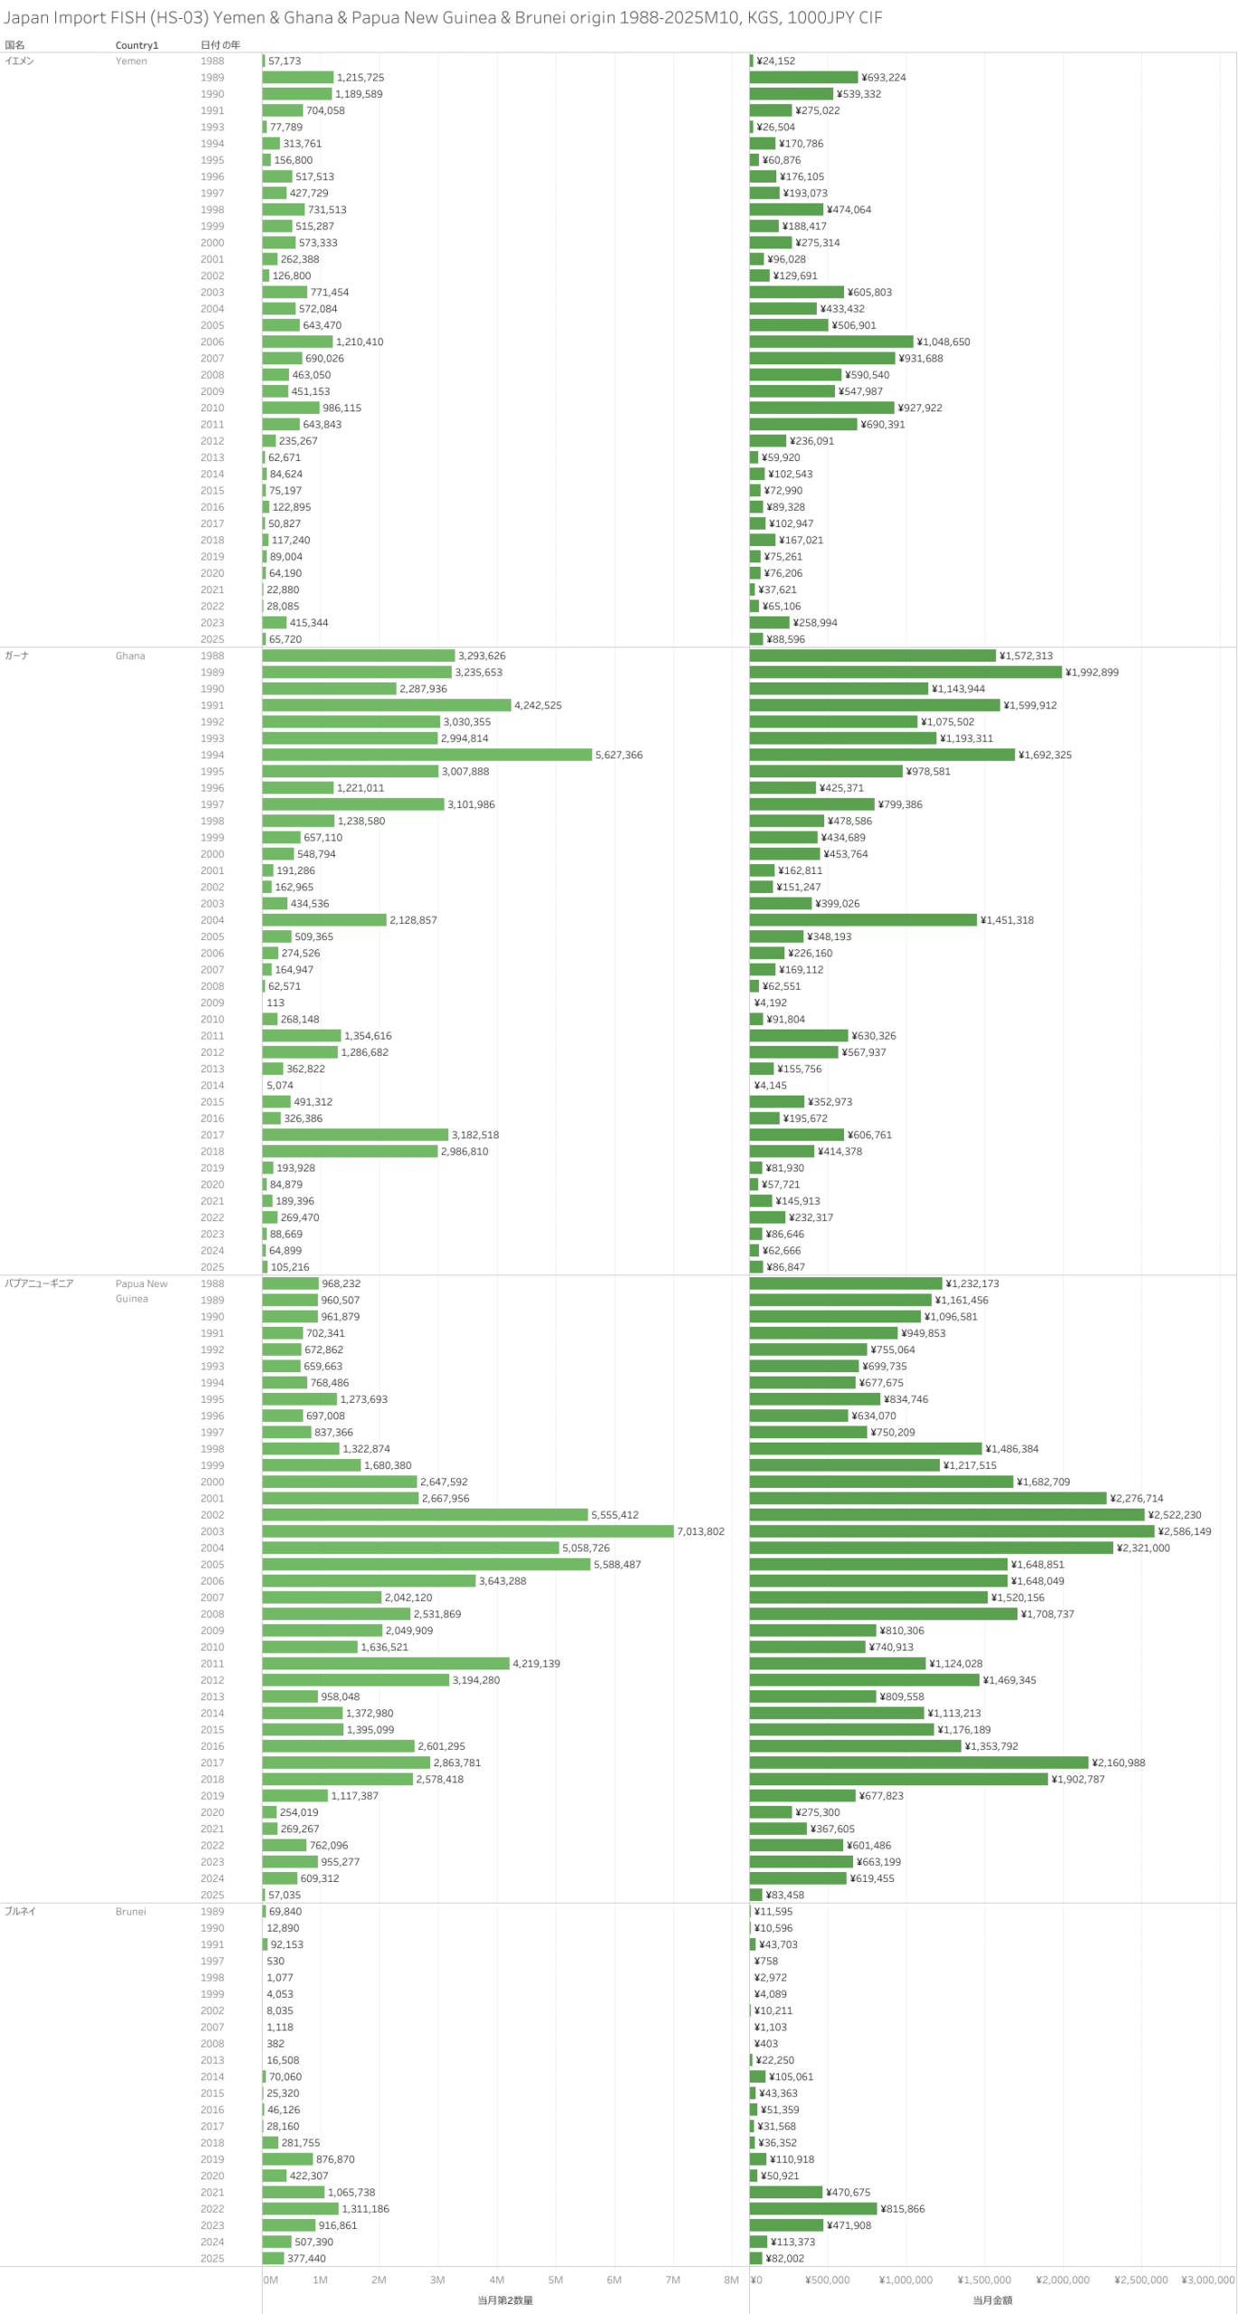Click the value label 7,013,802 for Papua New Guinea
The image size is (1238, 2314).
click(x=700, y=1531)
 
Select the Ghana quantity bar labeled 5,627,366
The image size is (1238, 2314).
click(x=427, y=755)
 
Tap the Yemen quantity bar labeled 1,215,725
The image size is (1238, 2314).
click(x=297, y=78)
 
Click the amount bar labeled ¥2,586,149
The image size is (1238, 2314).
click(x=952, y=1531)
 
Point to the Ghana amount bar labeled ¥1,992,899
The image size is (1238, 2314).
click(x=905, y=673)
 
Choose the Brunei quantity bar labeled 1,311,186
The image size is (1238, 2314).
click(x=300, y=2208)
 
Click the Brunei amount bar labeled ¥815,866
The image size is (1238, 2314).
click(x=812, y=2208)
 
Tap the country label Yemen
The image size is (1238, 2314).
click(x=131, y=61)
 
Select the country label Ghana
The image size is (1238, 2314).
click(x=130, y=656)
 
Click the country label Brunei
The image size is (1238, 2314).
click(x=130, y=1911)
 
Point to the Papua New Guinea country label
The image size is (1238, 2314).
click(x=141, y=1291)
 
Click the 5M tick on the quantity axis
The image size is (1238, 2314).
click(x=556, y=2280)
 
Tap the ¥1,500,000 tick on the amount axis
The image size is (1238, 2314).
click(x=984, y=2280)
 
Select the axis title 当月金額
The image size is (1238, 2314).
click(x=992, y=2300)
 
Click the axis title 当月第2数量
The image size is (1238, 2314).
click(x=505, y=2300)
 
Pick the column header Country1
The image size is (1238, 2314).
click(x=136, y=45)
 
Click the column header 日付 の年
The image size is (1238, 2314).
click(x=220, y=45)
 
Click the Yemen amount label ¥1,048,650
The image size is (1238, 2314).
click(x=943, y=342)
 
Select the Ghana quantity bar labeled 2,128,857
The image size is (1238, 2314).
click(x=324, y=920)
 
